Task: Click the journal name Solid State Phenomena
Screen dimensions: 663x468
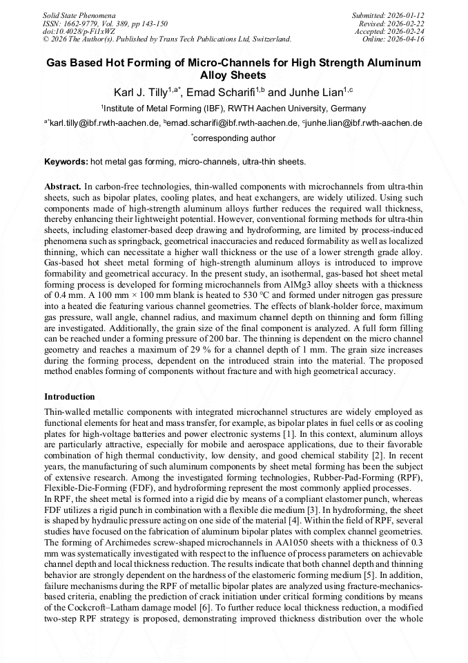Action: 78,15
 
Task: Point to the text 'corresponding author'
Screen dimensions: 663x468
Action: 235,138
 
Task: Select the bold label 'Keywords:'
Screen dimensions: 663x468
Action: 66,162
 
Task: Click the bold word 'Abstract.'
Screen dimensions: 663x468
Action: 63,187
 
